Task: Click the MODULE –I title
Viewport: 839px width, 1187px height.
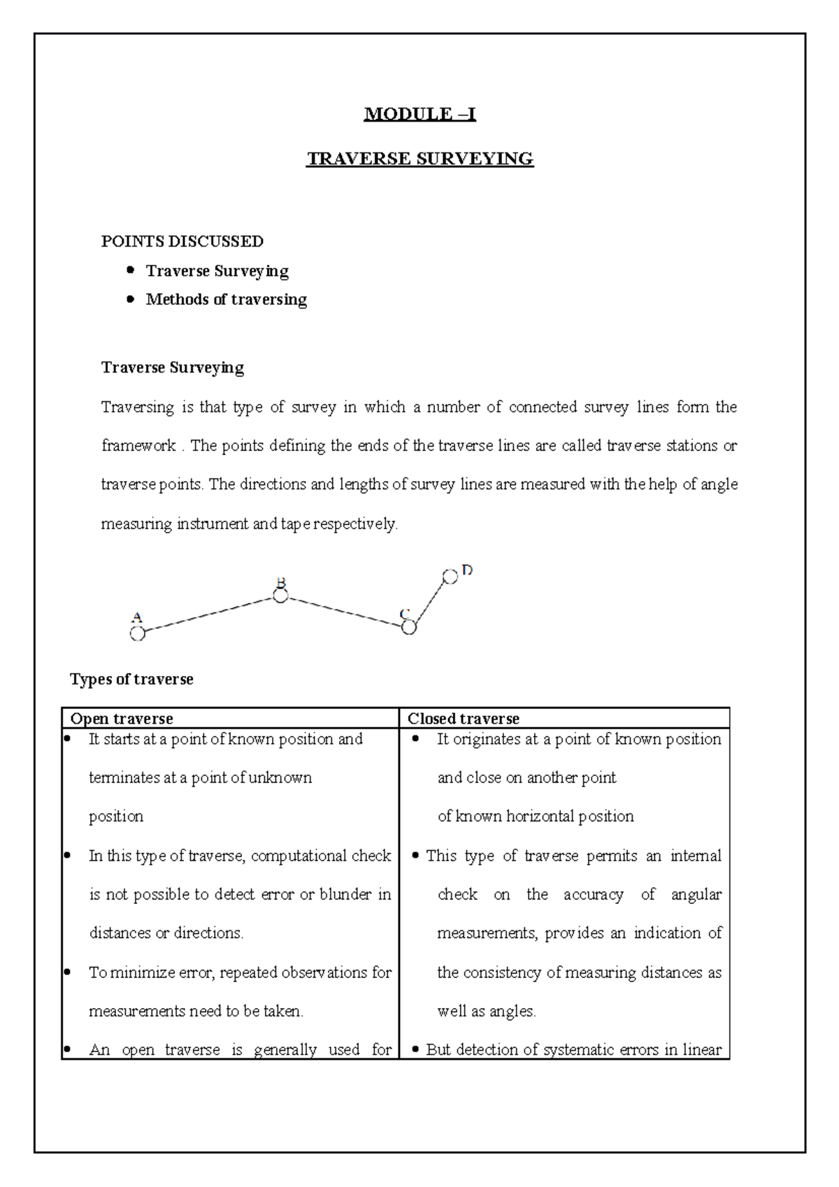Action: click(419, 114)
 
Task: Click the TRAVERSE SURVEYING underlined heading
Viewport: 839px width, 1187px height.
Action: click(419, 159)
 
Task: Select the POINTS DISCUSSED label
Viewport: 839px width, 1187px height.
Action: click(182, 242)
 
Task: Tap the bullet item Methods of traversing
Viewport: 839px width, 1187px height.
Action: click(226, 299)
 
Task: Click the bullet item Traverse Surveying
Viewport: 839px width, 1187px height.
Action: click(217, 271)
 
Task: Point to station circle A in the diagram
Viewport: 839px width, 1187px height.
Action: click(138, 633)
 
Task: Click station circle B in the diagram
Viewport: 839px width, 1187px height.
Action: click(280, 596)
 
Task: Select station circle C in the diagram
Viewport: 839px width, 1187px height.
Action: click(409, 628)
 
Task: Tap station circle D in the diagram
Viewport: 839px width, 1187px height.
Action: click(450, 577)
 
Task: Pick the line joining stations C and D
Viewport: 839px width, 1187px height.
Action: click(429, 603)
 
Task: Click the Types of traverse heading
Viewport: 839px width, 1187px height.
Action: click(131, 679)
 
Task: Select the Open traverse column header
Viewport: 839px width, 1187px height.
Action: click(122, 719)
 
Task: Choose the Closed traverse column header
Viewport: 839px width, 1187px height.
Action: click(464, 719)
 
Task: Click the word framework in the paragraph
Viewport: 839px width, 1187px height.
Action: click(138, 446)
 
